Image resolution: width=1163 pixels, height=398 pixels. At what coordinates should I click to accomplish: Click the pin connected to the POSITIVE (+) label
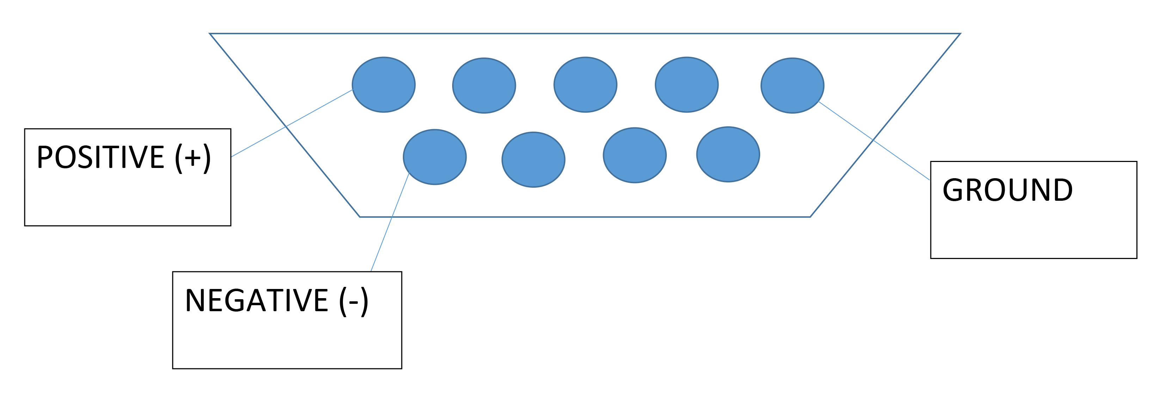(x=383, y=84)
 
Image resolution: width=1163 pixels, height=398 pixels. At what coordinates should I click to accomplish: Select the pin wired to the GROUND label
(x=792, y=85)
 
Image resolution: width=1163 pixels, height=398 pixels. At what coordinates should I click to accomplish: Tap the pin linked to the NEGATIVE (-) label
(x=434, y=157)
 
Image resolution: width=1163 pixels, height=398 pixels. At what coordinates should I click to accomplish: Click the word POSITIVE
(x=100, y=157)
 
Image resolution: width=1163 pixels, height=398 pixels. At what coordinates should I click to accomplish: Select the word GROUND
(x=1007, y=190)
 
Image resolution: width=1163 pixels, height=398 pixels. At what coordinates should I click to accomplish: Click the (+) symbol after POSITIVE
(x=193, y=158)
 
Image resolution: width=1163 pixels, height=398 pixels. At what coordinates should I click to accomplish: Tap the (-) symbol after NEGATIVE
(x=353, y=301)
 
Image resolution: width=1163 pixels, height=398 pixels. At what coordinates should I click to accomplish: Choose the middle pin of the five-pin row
(x=585, y=84)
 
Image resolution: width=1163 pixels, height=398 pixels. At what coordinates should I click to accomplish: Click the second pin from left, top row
(x=484, y=85)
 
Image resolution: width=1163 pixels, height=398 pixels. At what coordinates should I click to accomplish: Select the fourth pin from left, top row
(x=686, y=84)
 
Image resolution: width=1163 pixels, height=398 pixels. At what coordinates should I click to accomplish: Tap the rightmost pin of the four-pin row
(x=728, y=155)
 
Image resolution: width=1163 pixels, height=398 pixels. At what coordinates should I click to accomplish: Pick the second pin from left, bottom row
(x=533, y=159)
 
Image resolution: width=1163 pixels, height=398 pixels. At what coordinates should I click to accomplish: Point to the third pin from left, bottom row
(x=634, y=155)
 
